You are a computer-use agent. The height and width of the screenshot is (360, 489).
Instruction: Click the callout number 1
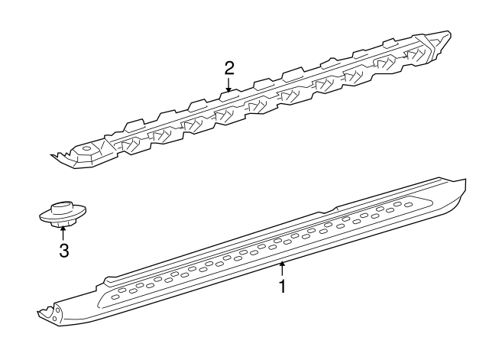pos(282,287)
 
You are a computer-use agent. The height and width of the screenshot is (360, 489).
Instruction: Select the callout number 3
pos(64,251)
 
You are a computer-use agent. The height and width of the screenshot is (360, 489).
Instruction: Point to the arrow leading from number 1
pos(282,268)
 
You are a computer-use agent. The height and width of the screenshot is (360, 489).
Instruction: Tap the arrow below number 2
pos(228,86)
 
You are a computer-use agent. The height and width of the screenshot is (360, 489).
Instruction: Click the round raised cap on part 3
pos(61,207)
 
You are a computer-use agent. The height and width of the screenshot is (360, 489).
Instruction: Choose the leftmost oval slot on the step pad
pos(116,294)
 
